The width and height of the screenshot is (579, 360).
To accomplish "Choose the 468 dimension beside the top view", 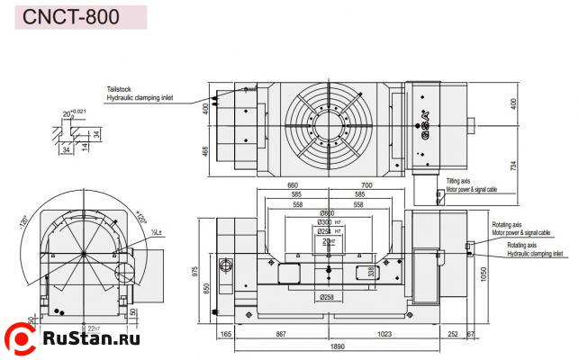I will pos(205,151).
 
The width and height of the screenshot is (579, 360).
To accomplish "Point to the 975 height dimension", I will pos(197,271).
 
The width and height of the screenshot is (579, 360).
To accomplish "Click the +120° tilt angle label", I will pos(141,217).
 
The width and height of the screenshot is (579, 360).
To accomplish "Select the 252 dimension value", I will pos(452,334).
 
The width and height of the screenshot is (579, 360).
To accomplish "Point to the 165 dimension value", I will pos(225,334).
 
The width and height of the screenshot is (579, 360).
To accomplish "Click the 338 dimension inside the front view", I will pos(370,270).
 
